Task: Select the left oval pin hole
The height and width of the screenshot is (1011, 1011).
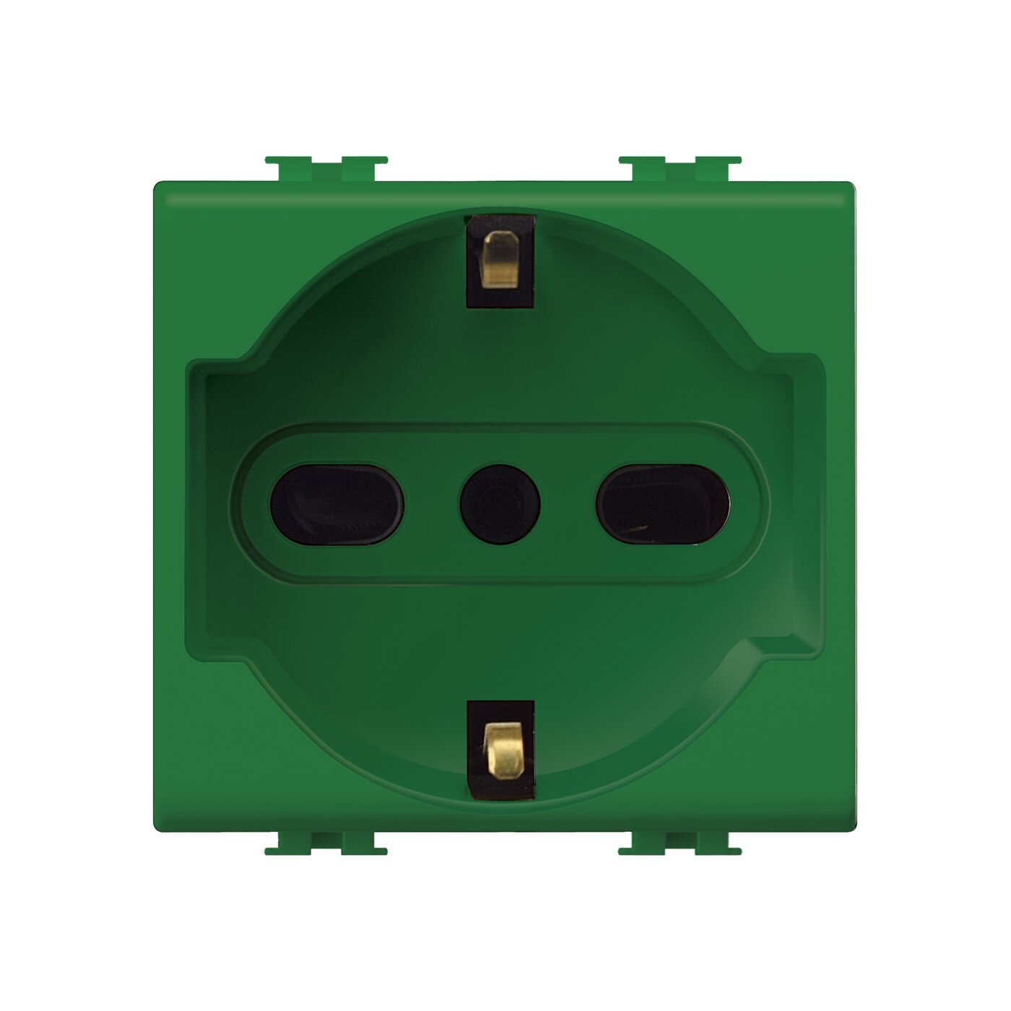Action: pyautogui.click(x=337, y=504)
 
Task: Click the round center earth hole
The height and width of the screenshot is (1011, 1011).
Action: pyautogui.click(x=500, y=504)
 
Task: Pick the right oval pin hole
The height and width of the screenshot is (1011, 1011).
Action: pyautogui.click(x=662, y=504)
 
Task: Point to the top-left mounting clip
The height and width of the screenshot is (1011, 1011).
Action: pyautogui.click(x=326, y=168)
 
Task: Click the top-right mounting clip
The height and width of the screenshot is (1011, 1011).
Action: pyautogui.click(x=680, y=168)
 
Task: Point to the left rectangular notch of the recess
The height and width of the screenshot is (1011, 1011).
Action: pyautogui.click(x=206, y=506)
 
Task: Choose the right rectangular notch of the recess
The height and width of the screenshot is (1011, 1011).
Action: pyautogui.click(x=807, y=506)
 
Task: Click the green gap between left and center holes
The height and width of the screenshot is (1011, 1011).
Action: pyautogui.click(x=432, y=504)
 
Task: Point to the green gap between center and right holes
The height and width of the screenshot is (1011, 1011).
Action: pyautogui.click(x=568, y=504)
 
